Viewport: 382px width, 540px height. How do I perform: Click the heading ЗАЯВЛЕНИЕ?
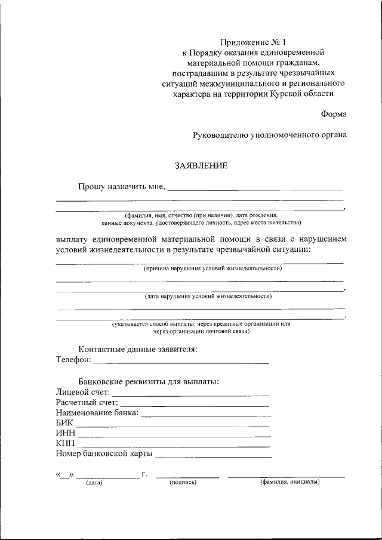[201, 165]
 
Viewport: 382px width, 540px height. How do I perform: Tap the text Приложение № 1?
[253, 42]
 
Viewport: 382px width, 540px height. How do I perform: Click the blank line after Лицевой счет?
[191, 394]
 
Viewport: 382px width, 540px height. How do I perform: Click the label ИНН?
[66, 434]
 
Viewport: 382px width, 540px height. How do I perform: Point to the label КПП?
[66, 444]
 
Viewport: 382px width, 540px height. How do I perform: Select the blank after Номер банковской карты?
[214, 456]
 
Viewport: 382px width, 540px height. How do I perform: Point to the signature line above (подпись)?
[187, 477]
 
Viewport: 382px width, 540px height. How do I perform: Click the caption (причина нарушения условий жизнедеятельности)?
[212, 269]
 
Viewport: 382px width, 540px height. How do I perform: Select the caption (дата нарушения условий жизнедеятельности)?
[208, 296]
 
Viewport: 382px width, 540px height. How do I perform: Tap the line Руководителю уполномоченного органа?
[269, 135]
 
